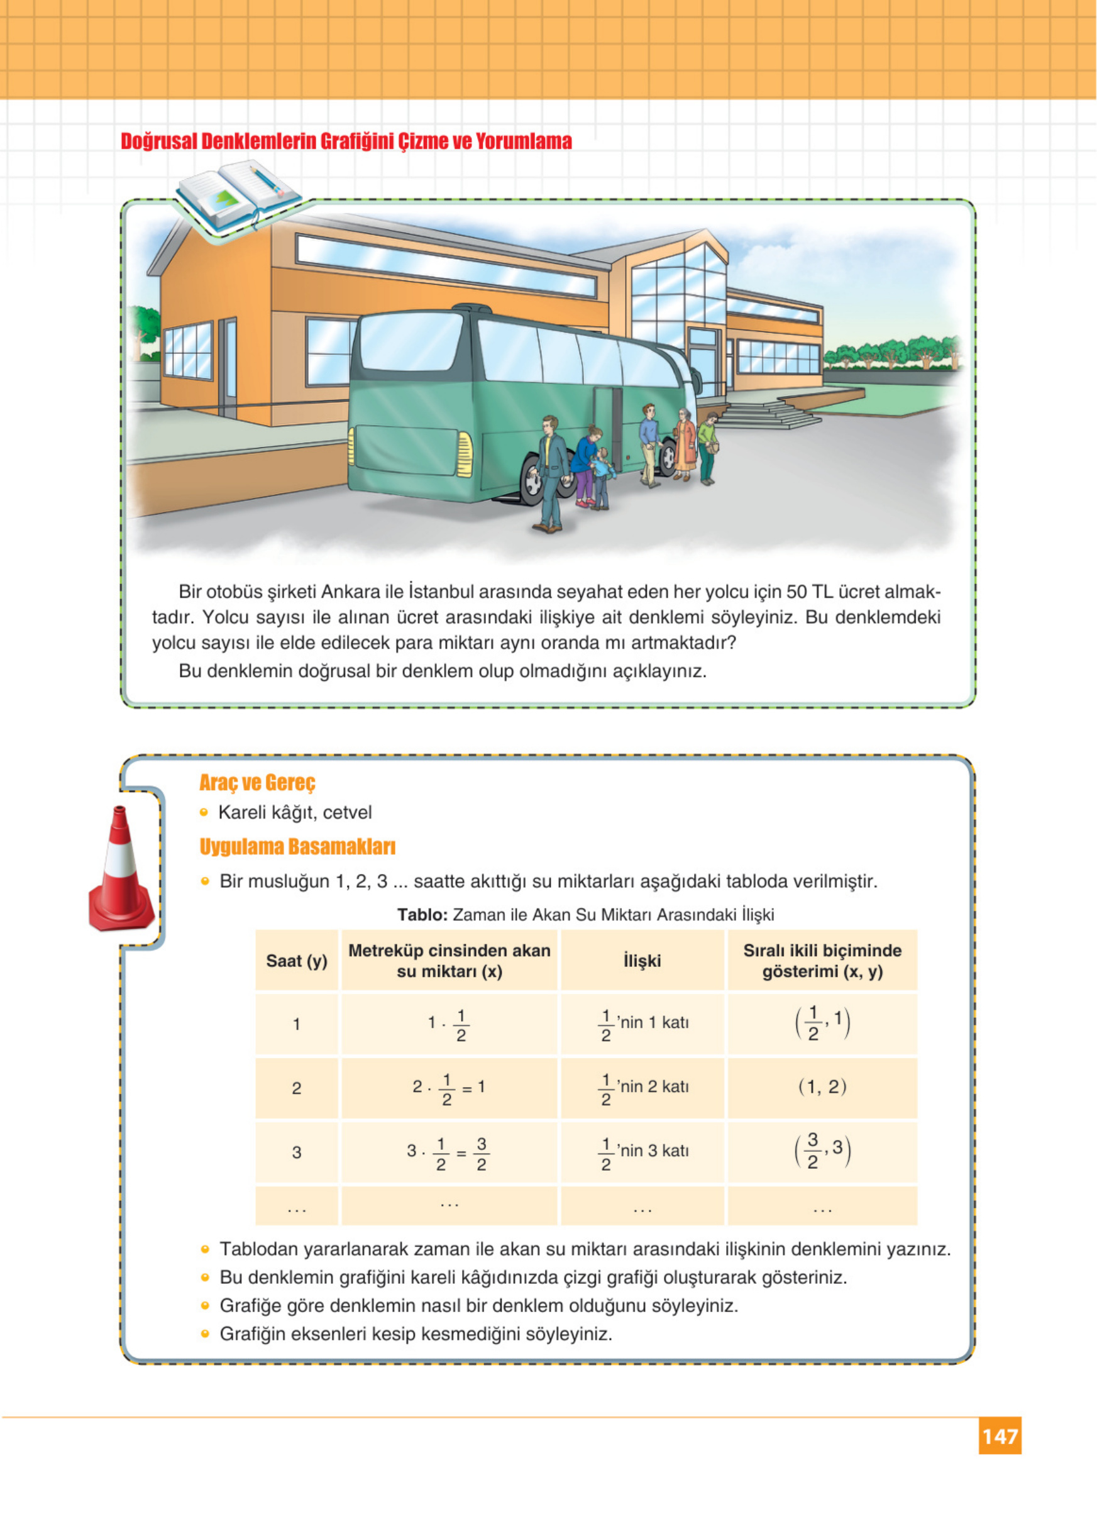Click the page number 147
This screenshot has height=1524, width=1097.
click(x=1000, y=1436)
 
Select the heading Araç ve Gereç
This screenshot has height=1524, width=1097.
click(x=256, y=783)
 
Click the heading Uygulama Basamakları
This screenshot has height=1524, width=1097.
click(x=297, y=847)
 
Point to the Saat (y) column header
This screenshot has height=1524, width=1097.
click(x=296, y=961)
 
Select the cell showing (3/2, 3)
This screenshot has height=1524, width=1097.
click(x=822, y=1151)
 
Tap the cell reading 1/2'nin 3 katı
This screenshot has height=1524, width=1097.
click(x=643, y=1152)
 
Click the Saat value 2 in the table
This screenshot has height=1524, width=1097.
click(x=296, y=1088)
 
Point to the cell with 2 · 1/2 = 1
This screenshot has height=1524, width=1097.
click(x=449, y=1088)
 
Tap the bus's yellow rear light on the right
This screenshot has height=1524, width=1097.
click(x=464, y=454)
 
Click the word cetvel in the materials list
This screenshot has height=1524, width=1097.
click(x=347, y=812)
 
